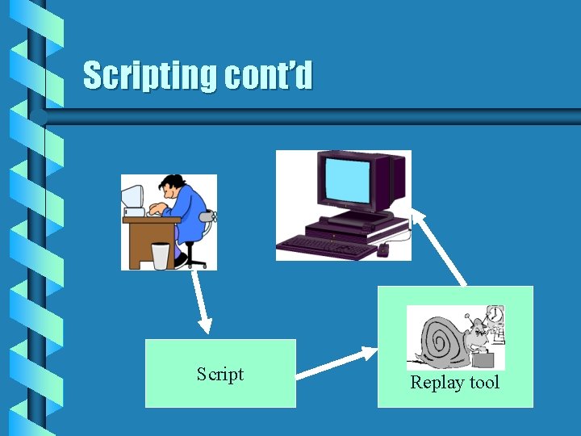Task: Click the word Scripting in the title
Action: pyautogui.click(x=151, y=76)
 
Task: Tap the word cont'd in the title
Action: pyautogui.click(x=269, y=76)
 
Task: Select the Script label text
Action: pyautogui.click(x=220, y=374)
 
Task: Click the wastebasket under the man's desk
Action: pyautogui.click(x=161, y=256)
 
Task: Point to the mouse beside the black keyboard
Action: pyautogui.click(x=382, y=249)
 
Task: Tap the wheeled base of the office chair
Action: pyautogui.click(x=194, y=259)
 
